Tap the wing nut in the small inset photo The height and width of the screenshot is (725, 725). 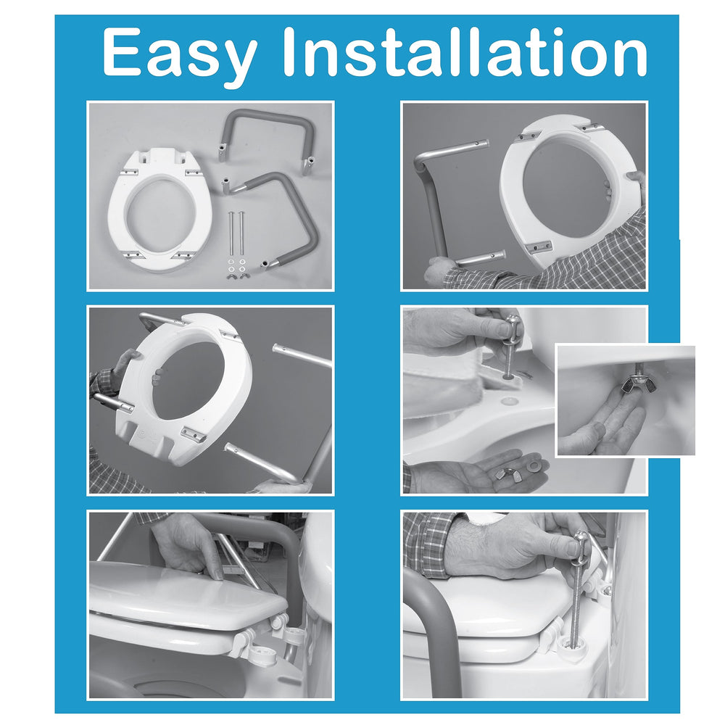pos(633,383)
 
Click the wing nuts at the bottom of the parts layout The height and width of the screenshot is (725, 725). pos(236,276)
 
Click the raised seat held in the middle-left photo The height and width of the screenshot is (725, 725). pos(185,389)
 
